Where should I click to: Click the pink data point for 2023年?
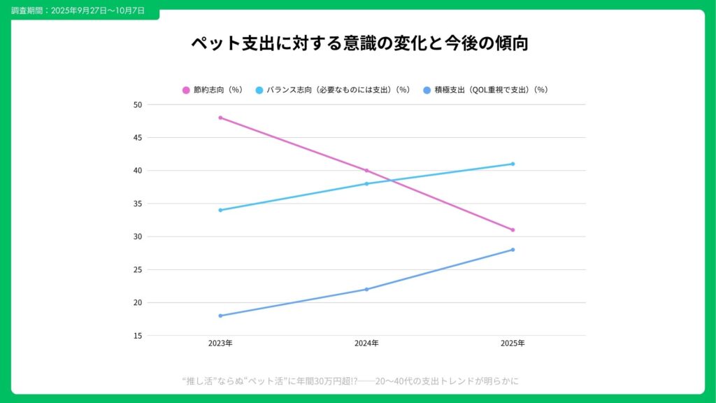[x=220, y=118]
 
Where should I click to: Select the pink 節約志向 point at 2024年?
[x=366, y=171]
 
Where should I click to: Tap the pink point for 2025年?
[x=513, y=230]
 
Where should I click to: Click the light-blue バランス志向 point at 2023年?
[x=220, y=210]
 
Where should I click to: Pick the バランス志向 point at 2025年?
[x=513, y=164]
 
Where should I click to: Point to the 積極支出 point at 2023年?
[x=220, y=316]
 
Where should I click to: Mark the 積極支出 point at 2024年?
[x=366, y=289]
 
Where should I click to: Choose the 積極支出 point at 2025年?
[x=513, y=250]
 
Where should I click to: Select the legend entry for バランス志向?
[x=333, y=90]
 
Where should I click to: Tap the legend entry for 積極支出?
[x=486, y=90]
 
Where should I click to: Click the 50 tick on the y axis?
[x=138, y=105]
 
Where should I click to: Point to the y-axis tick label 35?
[x=138, y=204]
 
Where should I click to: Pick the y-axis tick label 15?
[x=138, y=336]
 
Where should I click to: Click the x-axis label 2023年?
[x=220, y=344]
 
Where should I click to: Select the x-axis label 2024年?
[x=366, y=344]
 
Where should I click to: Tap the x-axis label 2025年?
[x=513, y=344]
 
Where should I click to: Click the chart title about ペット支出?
[x=358, y=43]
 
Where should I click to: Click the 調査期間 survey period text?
[x=78, y=11]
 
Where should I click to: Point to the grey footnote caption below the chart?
[x=350, y=381]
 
